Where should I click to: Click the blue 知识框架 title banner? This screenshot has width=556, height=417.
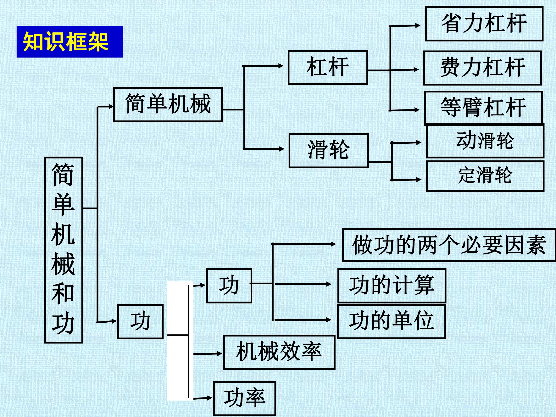pyautogui.click(x=70, y=42)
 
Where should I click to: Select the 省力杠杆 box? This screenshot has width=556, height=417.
pyautogui.click(x=484, y=24)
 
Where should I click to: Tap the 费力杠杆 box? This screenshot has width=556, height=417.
pyautogui.click(x=482, y=68)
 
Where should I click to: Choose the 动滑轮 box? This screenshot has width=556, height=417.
pyautogui.click(x=485, y=141)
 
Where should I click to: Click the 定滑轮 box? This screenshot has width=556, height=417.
pyautogui.click(x=485, y=176)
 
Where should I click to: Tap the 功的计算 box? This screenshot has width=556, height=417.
pyautogui.click(x=392, y=286)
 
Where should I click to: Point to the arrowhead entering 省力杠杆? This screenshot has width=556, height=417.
pyautogui.click(x=417, y=25)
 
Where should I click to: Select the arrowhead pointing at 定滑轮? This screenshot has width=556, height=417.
pyautogui.click(x=418, y=180)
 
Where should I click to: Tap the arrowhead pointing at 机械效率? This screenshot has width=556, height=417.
pyautogui.click(x=220, y=353)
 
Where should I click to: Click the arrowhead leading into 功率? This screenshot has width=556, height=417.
pyautogui.click(x=210, y=398)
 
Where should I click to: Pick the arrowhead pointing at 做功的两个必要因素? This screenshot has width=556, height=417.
pyautogui.click(x=333, y=244)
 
